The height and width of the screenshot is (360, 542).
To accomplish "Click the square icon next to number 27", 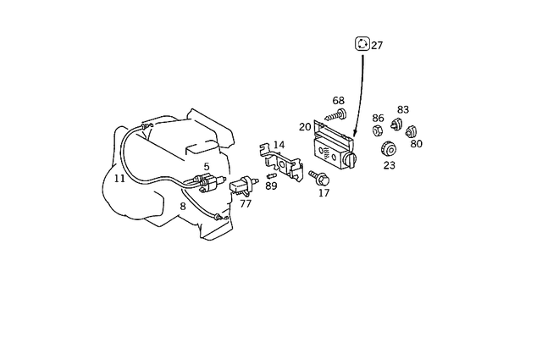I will tap(362, 45).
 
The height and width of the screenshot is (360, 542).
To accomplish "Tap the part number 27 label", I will tap(378, 46).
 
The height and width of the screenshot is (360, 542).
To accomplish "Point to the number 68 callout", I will tap(339, 101).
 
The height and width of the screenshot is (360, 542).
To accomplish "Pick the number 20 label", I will tap(305, 127).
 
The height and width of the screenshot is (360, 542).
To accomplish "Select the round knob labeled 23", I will tap(390, 150).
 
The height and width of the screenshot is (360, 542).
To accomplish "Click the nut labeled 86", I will tap(379, 132).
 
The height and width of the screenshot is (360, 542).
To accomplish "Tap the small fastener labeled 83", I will tap(395, 126).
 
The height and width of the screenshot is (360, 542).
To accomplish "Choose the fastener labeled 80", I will tap(411, 131).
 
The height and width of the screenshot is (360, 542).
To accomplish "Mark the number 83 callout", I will tap(403, 110).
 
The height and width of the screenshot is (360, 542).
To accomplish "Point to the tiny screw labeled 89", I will tap(272, 175).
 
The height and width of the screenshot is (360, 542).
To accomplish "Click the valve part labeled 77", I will tap(243, 185).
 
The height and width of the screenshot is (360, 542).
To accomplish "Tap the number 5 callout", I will tap(207, 167).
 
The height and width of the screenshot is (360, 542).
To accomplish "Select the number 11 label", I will tap(119, 179).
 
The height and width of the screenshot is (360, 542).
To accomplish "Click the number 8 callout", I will tap(182, 206).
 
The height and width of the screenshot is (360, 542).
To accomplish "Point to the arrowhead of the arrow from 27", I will tap(355, 136).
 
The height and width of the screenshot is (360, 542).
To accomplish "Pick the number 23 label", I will tap(390, 166).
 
